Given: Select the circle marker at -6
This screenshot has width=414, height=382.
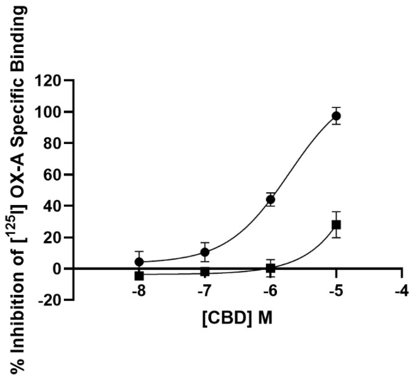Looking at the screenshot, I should tap(270, 200).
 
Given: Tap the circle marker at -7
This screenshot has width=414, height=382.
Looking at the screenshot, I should tap(205, 252).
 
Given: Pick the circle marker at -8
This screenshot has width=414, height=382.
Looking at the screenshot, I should tap(139, 262).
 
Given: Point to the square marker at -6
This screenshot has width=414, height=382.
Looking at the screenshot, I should tap(270, 268).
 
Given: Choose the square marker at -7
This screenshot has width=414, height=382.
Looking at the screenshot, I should tap(205, 272).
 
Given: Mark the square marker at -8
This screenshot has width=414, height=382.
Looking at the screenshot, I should tap(139, 276).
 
